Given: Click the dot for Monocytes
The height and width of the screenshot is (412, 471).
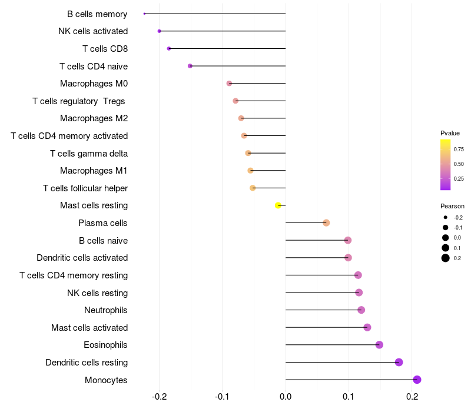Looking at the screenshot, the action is tap(417, 380).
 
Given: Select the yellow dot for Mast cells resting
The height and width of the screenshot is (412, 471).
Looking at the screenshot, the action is tap(278, 205).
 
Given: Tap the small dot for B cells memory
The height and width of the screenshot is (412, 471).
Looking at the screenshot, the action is tap(144, 14).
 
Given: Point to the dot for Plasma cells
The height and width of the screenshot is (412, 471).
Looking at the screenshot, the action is tap(326, 223).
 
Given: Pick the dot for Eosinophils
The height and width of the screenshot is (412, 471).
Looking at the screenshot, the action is tap(379, 345).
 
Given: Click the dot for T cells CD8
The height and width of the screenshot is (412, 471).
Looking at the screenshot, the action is tap(169, 49).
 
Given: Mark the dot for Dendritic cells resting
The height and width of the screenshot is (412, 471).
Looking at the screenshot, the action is tap(399, 362).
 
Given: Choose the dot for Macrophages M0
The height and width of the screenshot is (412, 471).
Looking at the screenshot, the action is tap(229, 84).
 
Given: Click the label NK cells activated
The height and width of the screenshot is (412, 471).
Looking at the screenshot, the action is tap(93, 31).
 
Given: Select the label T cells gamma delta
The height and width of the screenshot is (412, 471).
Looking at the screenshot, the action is tap(89, 154).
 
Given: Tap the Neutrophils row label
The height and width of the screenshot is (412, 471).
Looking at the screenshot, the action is tap(106, 310).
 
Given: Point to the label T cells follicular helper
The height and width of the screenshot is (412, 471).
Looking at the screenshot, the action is tap(85, 188).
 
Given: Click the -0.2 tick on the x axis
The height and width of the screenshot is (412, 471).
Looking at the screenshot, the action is tap(159, 397).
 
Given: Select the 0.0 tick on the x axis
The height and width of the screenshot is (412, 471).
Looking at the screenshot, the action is tap(286, 397).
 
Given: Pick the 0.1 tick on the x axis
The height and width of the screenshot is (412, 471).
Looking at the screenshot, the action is tap(349, 397).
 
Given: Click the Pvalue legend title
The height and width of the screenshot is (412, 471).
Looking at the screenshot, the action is tap(450, 134).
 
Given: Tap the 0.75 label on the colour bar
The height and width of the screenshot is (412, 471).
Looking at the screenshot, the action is tap(459, 149).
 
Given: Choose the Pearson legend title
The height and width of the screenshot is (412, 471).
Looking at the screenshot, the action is tap(452, 207).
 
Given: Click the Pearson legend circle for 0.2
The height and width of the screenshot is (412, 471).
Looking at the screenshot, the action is tap(446, 258).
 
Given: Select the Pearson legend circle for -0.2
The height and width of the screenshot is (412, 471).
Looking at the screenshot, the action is tap(446, 217).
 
